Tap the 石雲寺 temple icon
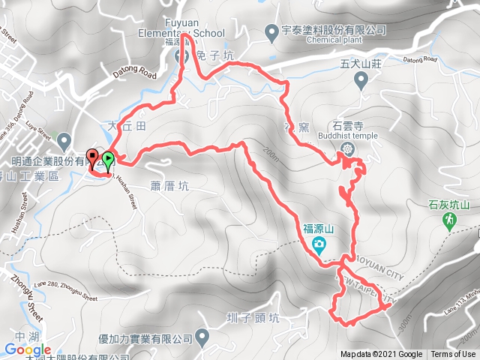348,149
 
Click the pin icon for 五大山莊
363,82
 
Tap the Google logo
26,350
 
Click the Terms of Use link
453,355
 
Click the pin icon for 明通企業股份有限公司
64,139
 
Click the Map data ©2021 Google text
380,355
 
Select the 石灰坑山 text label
448,203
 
